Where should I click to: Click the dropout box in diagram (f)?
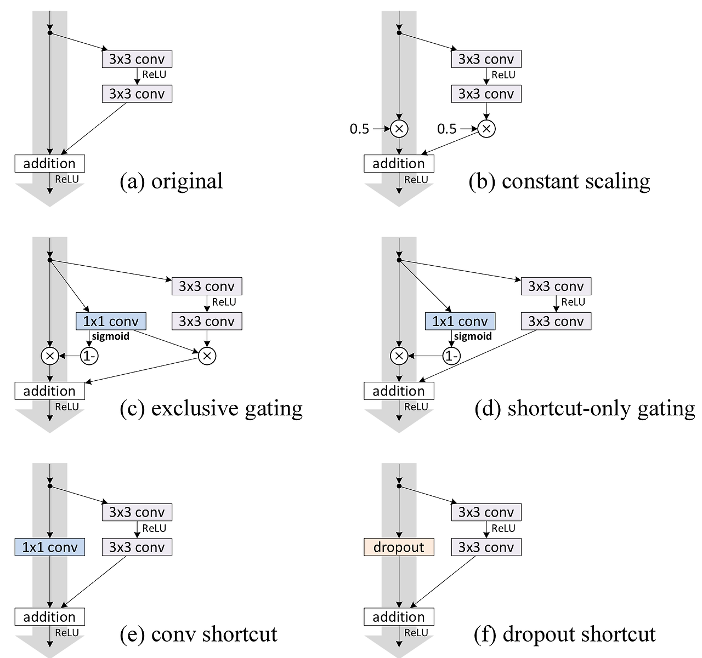[x=399, y=547]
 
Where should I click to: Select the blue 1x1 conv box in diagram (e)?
[x=50, y=547]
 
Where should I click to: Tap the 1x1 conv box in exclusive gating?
[x=111, y=321]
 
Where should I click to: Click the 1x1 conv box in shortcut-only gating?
[x=460, y=321]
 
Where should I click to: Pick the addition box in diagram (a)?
[x=50, y=163]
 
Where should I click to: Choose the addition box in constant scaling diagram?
[x=399, y=163]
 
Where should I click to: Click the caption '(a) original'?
[x=171, y=181]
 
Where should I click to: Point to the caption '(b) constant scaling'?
[x=559, y=181]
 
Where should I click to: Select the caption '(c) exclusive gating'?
[x=211, y=408]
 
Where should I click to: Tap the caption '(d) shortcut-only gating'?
[x=584, y=408]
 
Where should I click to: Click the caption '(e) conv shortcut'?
[x=199, y=634]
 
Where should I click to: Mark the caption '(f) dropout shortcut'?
[x=565, y=634]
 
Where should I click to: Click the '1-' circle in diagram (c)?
[x=89, y=356]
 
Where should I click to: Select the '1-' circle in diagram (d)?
[x=451, y=356]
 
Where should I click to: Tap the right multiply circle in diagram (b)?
[x=486, y=129]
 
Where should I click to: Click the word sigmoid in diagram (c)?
[x=111, y=336]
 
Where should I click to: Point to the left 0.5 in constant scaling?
[x=360, y=129]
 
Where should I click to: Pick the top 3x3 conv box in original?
[x=137, y=59]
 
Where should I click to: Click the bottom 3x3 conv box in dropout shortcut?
[x=486, y=547]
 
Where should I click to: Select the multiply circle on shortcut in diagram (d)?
[x=399, y=356]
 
